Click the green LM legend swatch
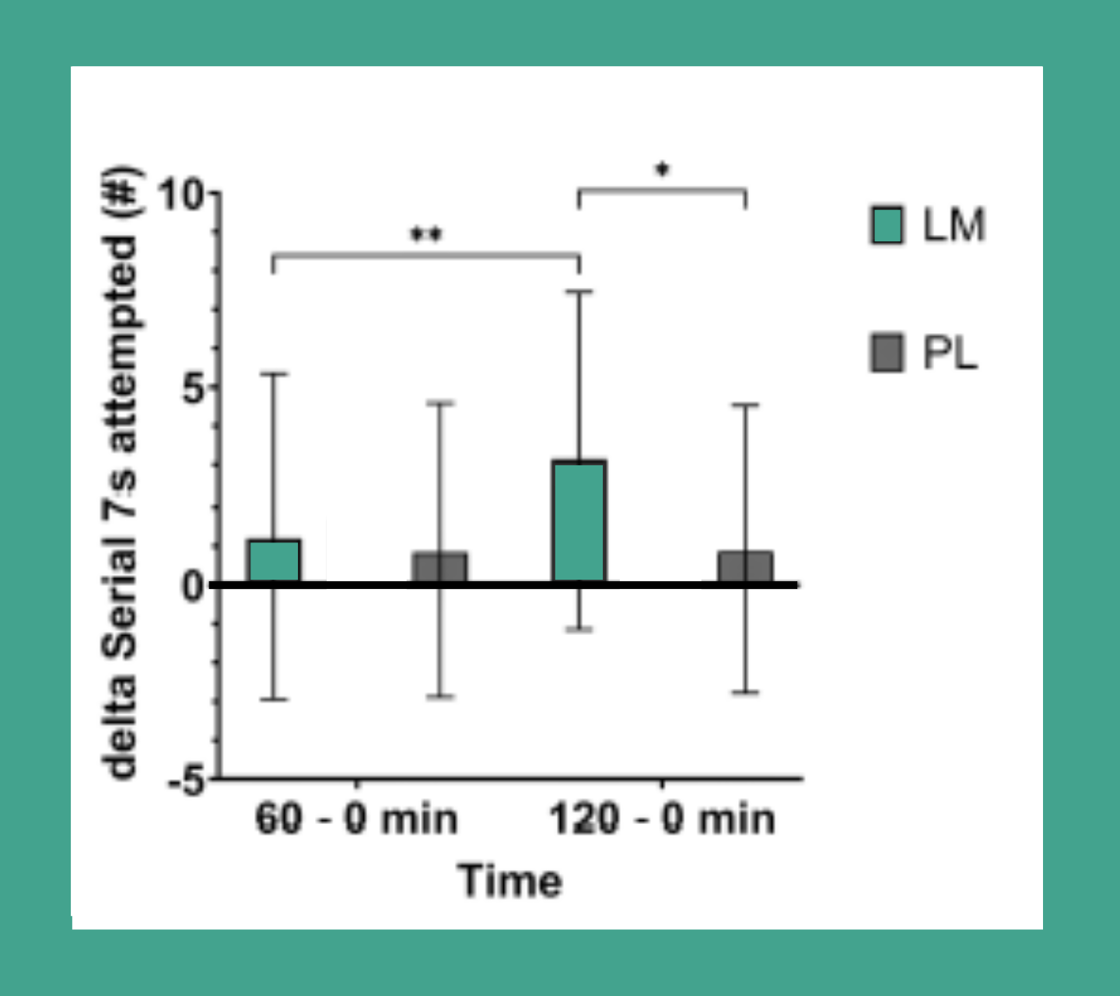pos(886,226)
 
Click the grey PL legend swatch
pos(886,353)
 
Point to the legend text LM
pos(954,226)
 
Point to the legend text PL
pos(949,353)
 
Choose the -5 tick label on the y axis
pos(187,780)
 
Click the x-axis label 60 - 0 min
pos(356,819)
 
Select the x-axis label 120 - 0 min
pos(662,819)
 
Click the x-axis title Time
pos(509,881)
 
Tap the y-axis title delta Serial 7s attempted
pos(122,475)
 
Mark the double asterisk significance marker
pos(425,233)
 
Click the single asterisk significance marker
pos(662,169)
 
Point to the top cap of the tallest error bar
pos(579,291)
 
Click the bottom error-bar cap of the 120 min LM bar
pos(579,630)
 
